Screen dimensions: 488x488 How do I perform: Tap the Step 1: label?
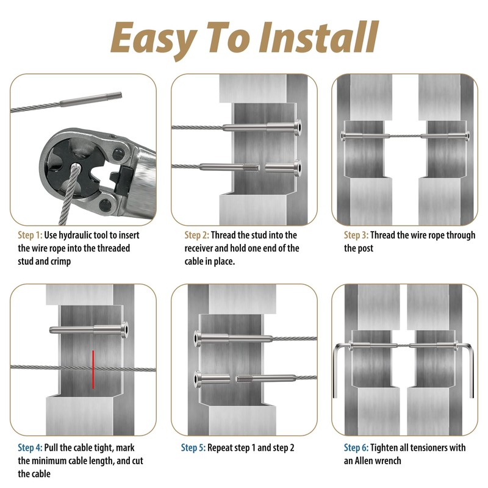click(x=30, y=235)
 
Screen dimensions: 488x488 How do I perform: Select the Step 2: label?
click(x=196, y=235)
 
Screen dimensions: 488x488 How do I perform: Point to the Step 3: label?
click(x=356, y=235)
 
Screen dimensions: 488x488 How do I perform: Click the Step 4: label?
click(x=30, y=448)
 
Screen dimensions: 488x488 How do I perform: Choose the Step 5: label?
click(x=193, y=448)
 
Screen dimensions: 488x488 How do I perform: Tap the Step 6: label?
click(x=356, y=448)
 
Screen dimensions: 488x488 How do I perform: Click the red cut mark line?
click(x=93, y=370)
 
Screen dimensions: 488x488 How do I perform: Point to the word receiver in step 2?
click(x=199, y=248)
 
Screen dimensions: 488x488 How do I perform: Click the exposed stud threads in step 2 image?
click(x=251, y=167)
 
